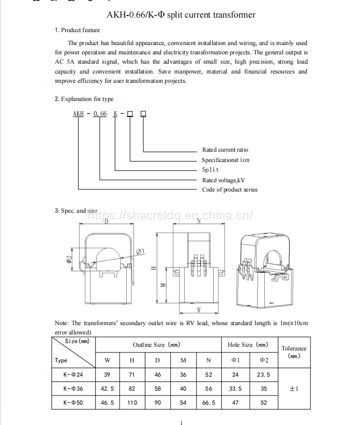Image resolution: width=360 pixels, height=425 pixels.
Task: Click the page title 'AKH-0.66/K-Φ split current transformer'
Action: [181, 15]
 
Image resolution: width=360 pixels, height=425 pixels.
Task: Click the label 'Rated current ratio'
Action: [225, 150]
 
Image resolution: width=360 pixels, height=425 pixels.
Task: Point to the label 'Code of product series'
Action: [230, 189]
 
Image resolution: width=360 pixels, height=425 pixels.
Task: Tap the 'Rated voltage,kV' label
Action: [223, 180]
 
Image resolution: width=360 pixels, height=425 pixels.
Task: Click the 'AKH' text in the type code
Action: [78, 113]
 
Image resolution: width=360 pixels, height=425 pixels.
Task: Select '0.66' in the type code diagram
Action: [100, 113]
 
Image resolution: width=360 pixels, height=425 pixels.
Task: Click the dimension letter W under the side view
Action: [199, 310]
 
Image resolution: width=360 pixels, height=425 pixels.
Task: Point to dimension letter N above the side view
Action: [199, 222]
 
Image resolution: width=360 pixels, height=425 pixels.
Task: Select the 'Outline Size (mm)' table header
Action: [157, 345]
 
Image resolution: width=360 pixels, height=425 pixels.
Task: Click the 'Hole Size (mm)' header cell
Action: [248, 345]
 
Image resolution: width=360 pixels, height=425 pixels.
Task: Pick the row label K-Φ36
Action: [73, 389]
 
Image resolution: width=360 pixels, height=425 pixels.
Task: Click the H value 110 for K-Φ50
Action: [132, 402]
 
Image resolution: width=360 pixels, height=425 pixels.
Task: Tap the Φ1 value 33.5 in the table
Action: [235, 389]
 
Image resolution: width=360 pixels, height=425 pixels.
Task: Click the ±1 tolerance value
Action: [294, 389]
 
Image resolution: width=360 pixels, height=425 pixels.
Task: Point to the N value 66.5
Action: [209, 402]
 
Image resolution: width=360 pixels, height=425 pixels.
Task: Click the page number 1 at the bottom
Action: [181, 422]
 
